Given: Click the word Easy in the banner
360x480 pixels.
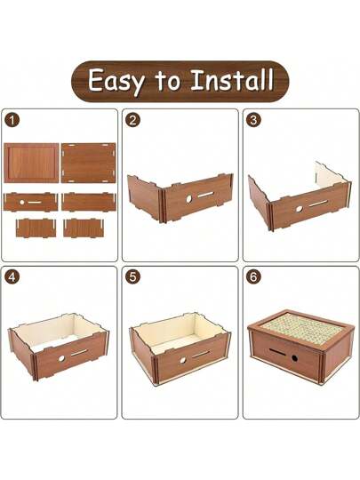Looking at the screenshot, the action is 116,82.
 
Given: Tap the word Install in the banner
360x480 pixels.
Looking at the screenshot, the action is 232,80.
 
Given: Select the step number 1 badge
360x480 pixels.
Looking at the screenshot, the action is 12,120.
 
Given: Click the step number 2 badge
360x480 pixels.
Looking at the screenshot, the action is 132,120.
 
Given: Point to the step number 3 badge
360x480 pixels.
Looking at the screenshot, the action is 253,120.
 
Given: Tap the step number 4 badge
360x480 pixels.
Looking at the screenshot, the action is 12,277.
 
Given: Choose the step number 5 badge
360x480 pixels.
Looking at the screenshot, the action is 132,277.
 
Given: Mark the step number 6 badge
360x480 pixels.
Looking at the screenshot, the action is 253,277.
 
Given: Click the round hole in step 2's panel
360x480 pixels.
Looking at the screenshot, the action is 189,199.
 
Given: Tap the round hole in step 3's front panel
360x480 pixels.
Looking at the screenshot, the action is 299,209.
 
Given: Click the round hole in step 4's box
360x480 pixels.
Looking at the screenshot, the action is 62,358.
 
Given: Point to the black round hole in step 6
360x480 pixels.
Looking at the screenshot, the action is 294,357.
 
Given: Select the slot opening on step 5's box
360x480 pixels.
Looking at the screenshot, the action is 201,355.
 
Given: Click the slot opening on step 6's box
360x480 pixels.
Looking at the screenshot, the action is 276,351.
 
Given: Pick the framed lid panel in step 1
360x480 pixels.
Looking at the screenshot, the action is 31,163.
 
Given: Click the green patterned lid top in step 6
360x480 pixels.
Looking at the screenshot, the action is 301,326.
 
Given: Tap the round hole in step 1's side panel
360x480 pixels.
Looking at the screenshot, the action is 21,203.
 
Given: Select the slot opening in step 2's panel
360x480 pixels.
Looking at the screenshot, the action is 205,194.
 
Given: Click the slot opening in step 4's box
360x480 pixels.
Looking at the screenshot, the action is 80,353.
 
